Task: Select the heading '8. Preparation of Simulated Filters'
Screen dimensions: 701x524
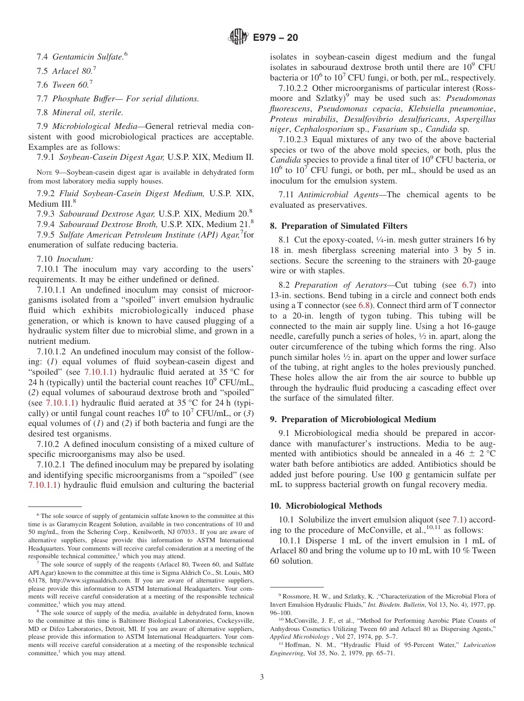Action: (x=339, y=225)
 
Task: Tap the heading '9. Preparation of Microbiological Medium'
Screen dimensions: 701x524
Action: (x=352, y=419)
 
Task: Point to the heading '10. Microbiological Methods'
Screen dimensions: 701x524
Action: (x=326, y=505)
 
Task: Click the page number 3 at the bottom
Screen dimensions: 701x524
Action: (x=262, y=677)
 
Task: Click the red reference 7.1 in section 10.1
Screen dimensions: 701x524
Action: (x=458, y=520)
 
